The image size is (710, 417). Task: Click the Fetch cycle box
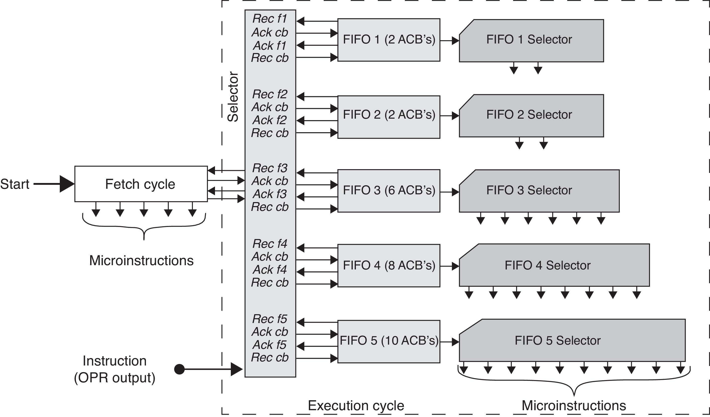(141, 184)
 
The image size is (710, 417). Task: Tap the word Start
(15, 184)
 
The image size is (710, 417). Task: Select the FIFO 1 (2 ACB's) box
(389, 40)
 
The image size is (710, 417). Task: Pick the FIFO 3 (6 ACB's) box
(389, 191)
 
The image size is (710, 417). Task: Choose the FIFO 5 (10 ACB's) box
(389, 341)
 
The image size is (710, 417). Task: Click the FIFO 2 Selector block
(531, 116)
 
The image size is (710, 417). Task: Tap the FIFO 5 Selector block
(572, 341)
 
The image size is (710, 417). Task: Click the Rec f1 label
(270, 19)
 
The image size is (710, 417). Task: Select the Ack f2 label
(270, 120)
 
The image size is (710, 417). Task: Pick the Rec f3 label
(270, 168)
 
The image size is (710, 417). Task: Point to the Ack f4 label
(270, 270)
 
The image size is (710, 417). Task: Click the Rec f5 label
(270, 319)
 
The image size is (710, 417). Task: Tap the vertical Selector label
(233, 97)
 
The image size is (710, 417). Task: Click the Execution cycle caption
(356, 406)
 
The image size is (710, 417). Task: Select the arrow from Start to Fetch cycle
(53, 184)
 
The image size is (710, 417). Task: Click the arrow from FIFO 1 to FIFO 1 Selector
(450, 41)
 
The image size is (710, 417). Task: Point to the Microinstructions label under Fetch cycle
(141, 260)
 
